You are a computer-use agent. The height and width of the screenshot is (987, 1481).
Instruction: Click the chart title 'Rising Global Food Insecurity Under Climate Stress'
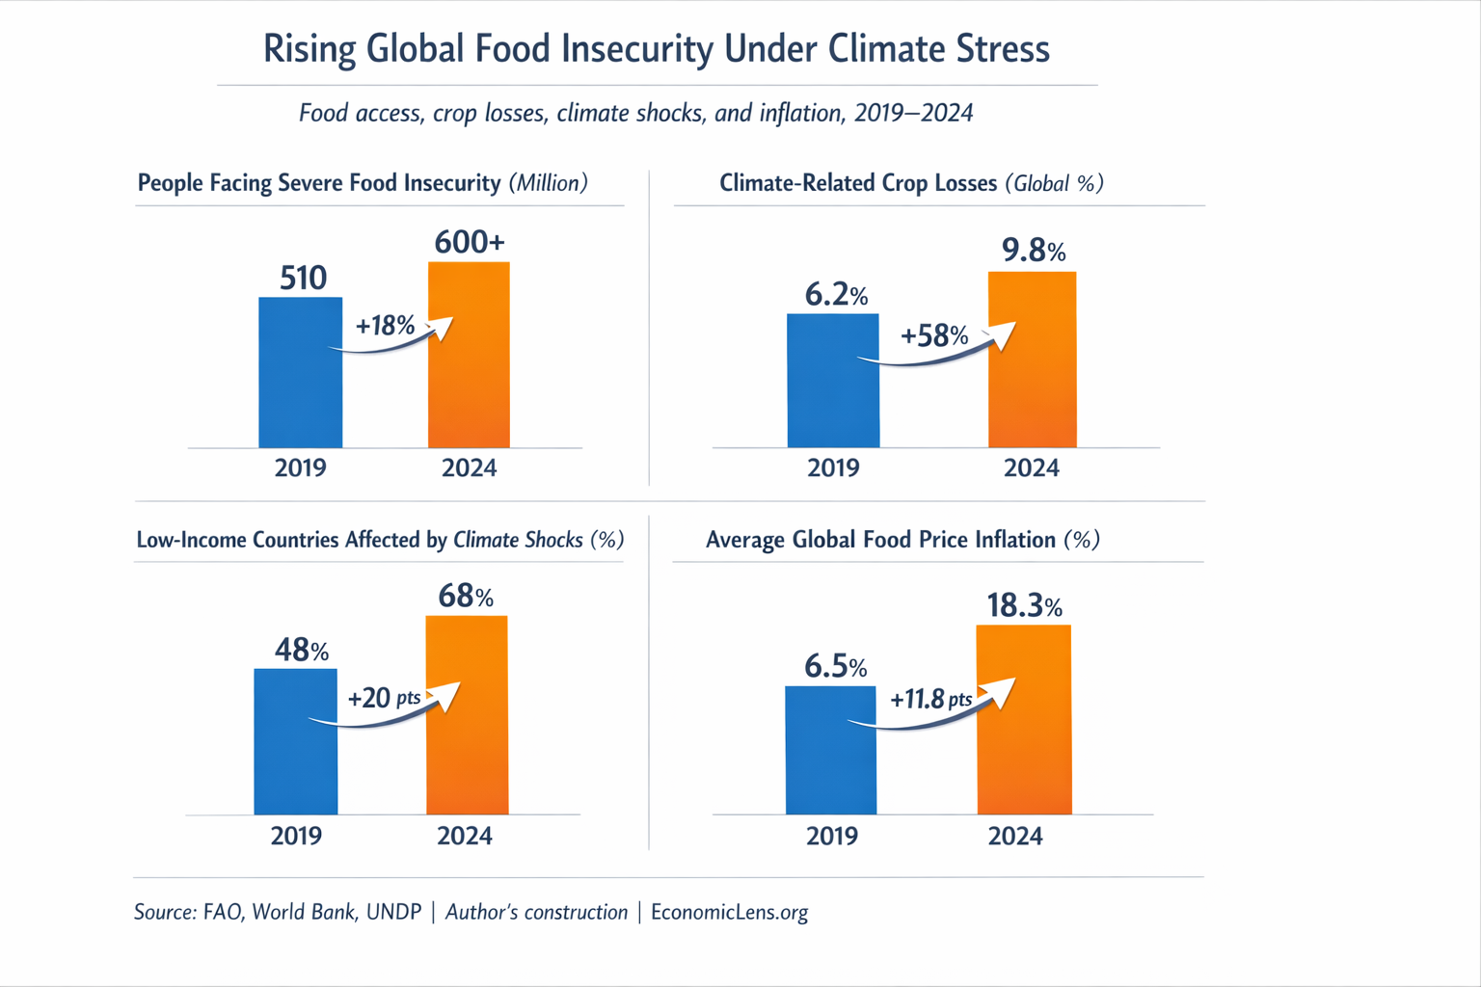[656, 49]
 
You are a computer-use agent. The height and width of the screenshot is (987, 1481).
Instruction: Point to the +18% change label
[385, 326]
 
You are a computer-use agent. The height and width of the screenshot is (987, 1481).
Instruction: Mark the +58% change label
[933, 335]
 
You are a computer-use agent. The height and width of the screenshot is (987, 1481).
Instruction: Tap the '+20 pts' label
[384, 697]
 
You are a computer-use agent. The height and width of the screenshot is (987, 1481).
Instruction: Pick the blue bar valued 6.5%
[831, 761]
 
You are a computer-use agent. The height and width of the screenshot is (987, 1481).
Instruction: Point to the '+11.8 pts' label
[930, 699]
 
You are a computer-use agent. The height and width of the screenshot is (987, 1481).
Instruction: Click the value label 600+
[469, 242]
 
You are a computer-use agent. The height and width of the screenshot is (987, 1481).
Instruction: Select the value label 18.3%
[1024, 606]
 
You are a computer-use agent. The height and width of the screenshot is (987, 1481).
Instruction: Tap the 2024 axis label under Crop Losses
[1031, 468]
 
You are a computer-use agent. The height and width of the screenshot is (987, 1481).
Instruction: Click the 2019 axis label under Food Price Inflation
[831, 836]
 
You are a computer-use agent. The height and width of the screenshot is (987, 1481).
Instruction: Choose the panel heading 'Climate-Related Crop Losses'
[858, 183]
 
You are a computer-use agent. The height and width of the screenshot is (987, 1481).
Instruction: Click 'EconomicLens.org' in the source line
[729, 912]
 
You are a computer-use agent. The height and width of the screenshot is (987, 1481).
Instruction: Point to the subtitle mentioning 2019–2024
[635, 114]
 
